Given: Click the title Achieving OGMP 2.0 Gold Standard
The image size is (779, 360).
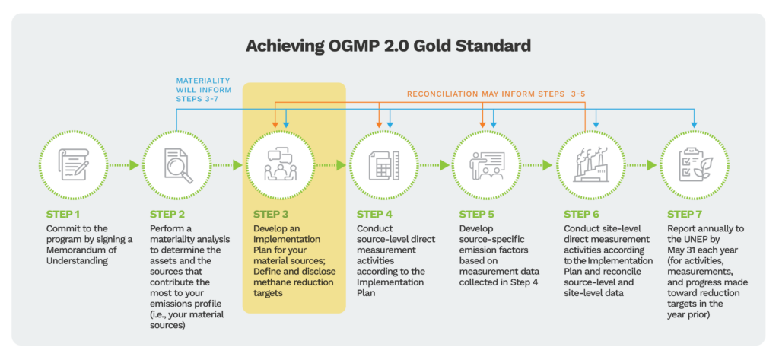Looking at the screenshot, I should point(389,45).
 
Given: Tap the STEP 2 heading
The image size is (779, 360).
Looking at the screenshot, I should point(167,214).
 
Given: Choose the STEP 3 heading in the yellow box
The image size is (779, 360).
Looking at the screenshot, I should point(271,214).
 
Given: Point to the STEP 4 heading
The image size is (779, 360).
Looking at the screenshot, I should point(375,214).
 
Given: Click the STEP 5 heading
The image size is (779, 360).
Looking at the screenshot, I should point(478,214).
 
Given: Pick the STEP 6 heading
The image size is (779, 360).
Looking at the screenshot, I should point(582,214).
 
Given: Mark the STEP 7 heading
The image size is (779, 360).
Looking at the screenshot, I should point(685,214).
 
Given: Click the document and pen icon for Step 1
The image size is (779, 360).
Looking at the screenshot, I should point(73,164).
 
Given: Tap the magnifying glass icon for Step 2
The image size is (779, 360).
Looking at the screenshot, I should point(176,164).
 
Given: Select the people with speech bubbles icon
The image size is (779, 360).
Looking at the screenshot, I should point(280,164).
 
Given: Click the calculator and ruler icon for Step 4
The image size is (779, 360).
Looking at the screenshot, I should point(383,164).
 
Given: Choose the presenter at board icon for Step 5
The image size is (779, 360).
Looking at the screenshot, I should point(487,164).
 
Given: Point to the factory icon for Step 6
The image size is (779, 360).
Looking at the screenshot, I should point(590,164).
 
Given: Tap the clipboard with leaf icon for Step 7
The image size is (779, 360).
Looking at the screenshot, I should point(693,164).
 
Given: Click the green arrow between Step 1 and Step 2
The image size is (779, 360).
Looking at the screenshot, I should point(125,164).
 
